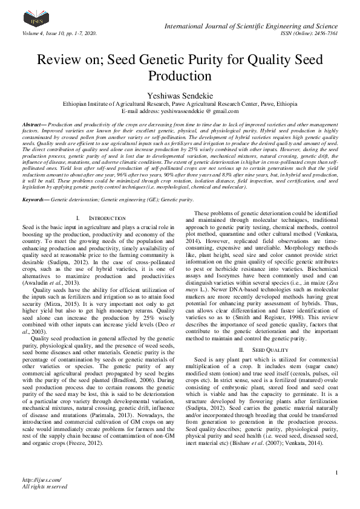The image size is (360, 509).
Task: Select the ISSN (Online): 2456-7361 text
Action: click(x=309, y=32)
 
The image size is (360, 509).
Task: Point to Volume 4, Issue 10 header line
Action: click(x=59, y=32)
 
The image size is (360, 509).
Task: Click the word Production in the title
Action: click(x=180, y=77)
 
